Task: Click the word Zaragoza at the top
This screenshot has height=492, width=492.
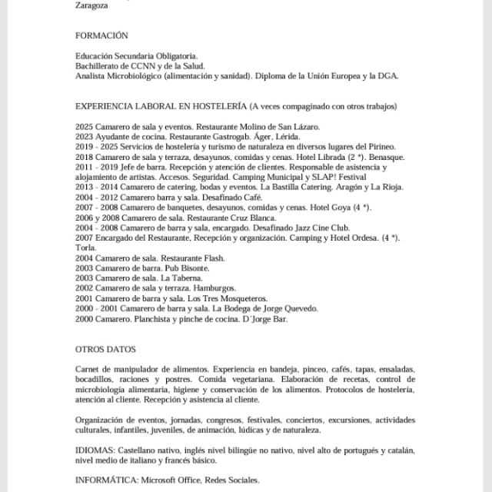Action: pyautogui.click(x=91, y=5)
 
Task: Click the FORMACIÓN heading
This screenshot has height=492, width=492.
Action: pyautogui.click(x=101, y=35)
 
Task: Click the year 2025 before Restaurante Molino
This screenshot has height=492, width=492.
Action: pyautogui.click(x=85, y=126)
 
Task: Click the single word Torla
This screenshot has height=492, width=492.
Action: pyautogui.click(x=85, y=248)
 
